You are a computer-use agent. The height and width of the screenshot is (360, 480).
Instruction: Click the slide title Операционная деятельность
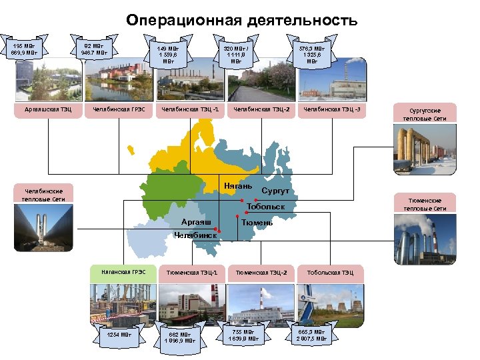[x=241, y=21]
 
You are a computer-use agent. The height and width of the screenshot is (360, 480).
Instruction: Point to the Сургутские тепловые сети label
[x=425, y=113]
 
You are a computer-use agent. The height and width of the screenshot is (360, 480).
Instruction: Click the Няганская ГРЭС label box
[x=123, y=272]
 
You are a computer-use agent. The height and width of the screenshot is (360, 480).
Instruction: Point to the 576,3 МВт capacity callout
[x=311, y=54]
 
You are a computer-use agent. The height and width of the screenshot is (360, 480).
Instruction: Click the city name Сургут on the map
[x=275, y=191]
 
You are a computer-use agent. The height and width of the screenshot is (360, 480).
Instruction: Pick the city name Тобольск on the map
[x=265, y=207]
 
